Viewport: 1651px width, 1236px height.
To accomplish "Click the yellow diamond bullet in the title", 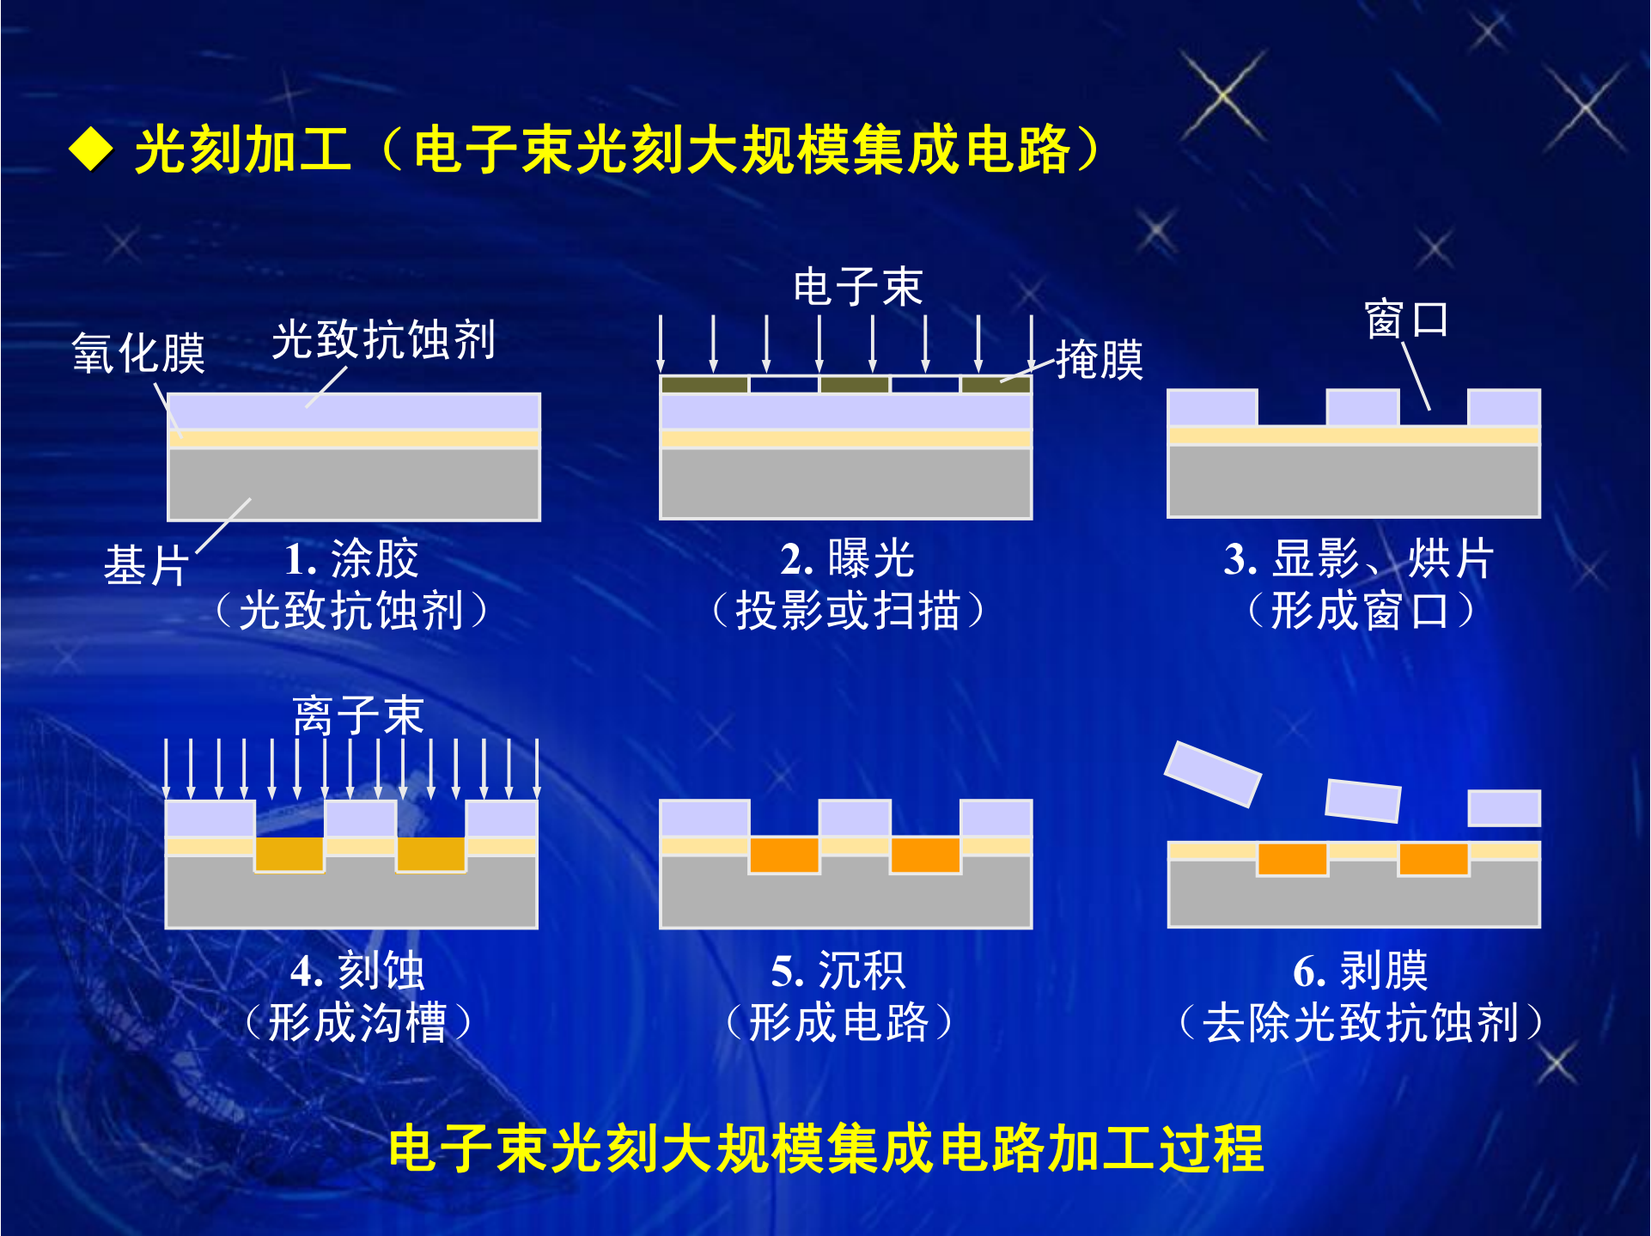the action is point(91,149).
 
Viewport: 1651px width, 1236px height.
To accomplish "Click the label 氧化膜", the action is point(138,352).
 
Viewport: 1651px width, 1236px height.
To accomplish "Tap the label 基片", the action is point(146,565).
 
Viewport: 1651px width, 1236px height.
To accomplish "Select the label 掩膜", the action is point(1100,359).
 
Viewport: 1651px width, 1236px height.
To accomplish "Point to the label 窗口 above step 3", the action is point(1407,320).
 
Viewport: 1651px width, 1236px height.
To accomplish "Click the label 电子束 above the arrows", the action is point(857,286).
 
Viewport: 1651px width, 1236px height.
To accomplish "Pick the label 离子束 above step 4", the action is point(358,715).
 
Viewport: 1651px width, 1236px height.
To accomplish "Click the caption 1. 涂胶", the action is point(351,558).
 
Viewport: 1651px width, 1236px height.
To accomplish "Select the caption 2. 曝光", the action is point(847,558).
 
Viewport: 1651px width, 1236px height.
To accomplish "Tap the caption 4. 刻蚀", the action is point(357,971).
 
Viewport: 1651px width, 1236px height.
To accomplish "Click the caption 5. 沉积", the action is point(838,971).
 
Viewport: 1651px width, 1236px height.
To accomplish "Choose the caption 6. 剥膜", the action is point(1361,971).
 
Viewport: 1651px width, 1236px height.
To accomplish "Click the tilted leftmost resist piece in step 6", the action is point(1213,774).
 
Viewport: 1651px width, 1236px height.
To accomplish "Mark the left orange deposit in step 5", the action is point(784,855).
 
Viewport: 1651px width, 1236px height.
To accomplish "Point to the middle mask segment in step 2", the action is point(855,384).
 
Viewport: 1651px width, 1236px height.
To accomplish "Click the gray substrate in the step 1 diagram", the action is point(354,484).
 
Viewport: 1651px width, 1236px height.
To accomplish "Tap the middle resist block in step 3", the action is point(1363,407).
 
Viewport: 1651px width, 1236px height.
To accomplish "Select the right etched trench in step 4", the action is point(431,854).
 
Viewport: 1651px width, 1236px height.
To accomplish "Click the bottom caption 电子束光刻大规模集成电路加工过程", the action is point(825,1148).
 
